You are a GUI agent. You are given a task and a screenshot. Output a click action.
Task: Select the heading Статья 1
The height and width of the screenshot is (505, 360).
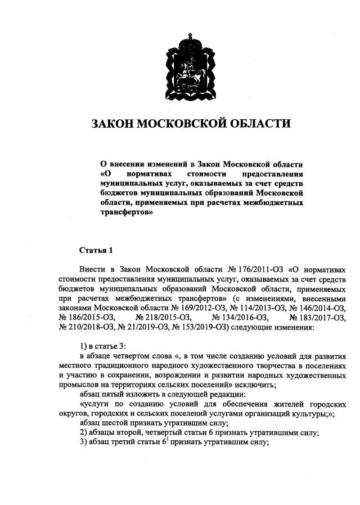(96, 249)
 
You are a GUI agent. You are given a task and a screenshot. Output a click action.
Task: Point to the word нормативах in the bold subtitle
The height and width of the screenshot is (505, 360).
(146, 174)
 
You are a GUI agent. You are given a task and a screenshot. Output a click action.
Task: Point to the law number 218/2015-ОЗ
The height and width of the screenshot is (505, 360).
(160, 318)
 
